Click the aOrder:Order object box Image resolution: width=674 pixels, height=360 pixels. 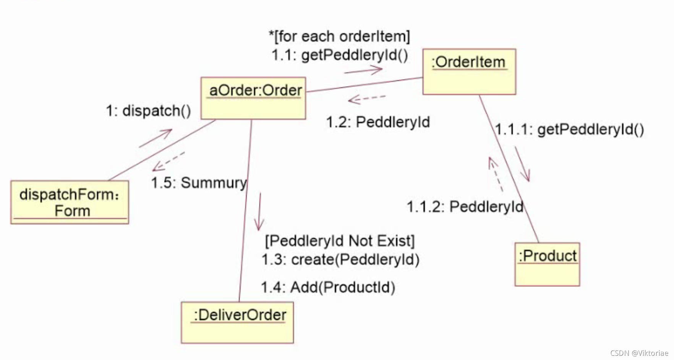253,98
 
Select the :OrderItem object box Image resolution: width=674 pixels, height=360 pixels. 469,72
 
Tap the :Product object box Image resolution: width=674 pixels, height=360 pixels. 547,264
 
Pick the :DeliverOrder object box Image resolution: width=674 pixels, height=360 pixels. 237,322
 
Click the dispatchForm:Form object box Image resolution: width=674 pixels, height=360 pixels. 70,202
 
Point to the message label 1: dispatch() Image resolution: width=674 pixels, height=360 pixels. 148,111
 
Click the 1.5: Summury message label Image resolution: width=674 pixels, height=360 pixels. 199,183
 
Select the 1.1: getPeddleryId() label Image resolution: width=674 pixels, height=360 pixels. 340,55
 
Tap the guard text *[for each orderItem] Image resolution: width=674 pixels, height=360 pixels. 339,36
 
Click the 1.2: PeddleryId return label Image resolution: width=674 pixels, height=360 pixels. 378,122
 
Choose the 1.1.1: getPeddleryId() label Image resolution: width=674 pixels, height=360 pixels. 570,130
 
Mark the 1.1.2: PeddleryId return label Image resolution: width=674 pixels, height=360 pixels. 465,207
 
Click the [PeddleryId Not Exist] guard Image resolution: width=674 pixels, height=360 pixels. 340,241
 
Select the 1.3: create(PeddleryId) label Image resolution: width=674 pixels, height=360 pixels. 340,260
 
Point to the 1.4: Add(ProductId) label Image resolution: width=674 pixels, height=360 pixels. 328,287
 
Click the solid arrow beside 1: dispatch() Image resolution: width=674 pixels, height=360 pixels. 156,138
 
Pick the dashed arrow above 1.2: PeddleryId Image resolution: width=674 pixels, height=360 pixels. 366,99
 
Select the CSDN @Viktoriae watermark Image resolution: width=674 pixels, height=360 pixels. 639,353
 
